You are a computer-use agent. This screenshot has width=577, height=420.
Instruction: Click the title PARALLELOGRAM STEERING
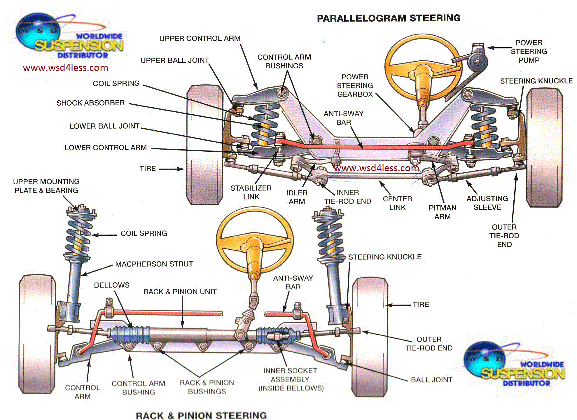pyautogui.click(x=389, y=18)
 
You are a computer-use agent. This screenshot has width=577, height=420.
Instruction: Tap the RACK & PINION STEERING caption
pyautogui.click(x=201, y=415)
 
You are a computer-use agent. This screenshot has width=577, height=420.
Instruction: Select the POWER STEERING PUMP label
pyautogui.click(x=529, y=51)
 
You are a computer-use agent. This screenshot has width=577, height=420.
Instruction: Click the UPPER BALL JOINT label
pyautogui.click(x=175, y=60)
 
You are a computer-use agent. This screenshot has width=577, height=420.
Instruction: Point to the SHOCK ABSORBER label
pyautogui.click(x=90, y=103)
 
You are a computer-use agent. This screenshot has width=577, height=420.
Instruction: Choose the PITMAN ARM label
pyautogui.click(x=442, y=212)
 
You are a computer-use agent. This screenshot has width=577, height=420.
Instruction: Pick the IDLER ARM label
pyautogui.click(x=297, y=197)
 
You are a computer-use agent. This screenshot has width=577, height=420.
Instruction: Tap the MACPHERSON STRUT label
pyautogui.click(x=154, y=264)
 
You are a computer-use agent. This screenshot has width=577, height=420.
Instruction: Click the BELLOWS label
pyautogui.click(x=111, y=285)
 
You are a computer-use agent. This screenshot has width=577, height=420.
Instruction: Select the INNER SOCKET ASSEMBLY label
pyautogui.click(x=291, y=379)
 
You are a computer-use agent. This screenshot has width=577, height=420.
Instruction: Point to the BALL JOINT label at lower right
pyautogui.click(x=431, y=380)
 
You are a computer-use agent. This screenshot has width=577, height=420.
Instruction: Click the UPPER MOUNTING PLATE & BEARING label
pyautogui.click(x=46, y=186)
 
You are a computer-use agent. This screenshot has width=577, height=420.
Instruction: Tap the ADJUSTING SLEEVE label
pyautogui.click(x=487, y=203)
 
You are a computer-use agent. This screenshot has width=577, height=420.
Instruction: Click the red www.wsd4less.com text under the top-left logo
pyautogui.click(x=65, y=68)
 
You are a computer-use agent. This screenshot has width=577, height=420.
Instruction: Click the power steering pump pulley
pyautogui.click(x=477, y=62)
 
